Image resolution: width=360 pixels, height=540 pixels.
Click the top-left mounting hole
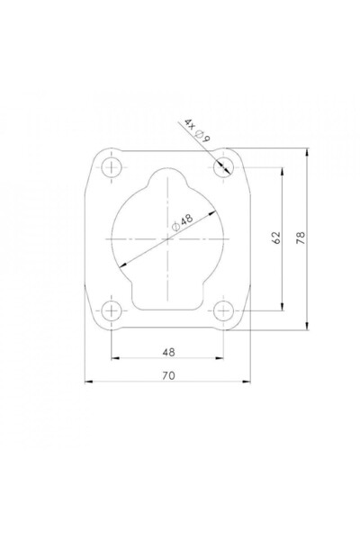tap(112, 167)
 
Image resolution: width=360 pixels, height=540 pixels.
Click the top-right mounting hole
tap(224, 167)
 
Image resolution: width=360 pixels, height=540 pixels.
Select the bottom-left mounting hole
tap(112, 310)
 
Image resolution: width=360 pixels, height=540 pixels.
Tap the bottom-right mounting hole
tap(224, 310)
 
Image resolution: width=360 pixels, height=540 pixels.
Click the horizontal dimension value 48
tap(167, 351)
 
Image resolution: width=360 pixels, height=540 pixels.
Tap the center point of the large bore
tap(168, 238)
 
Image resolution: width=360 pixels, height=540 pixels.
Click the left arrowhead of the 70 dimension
tap(89, 382)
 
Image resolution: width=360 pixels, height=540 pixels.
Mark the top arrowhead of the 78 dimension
tap(308, 152)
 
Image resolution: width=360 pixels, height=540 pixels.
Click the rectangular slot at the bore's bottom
tap(168, 292)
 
